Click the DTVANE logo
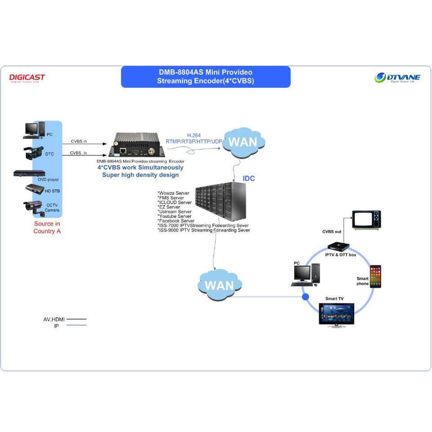click(397, 78)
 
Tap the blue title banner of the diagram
click(206, 77)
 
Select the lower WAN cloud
click(219, 286)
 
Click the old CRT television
click(367, 220)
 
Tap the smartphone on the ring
click(375, 276)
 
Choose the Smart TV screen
click(337, 314)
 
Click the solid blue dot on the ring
click(306, 297)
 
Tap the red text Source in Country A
click(47, 227)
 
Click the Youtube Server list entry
click(175, 216)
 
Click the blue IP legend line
click(76, 325)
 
